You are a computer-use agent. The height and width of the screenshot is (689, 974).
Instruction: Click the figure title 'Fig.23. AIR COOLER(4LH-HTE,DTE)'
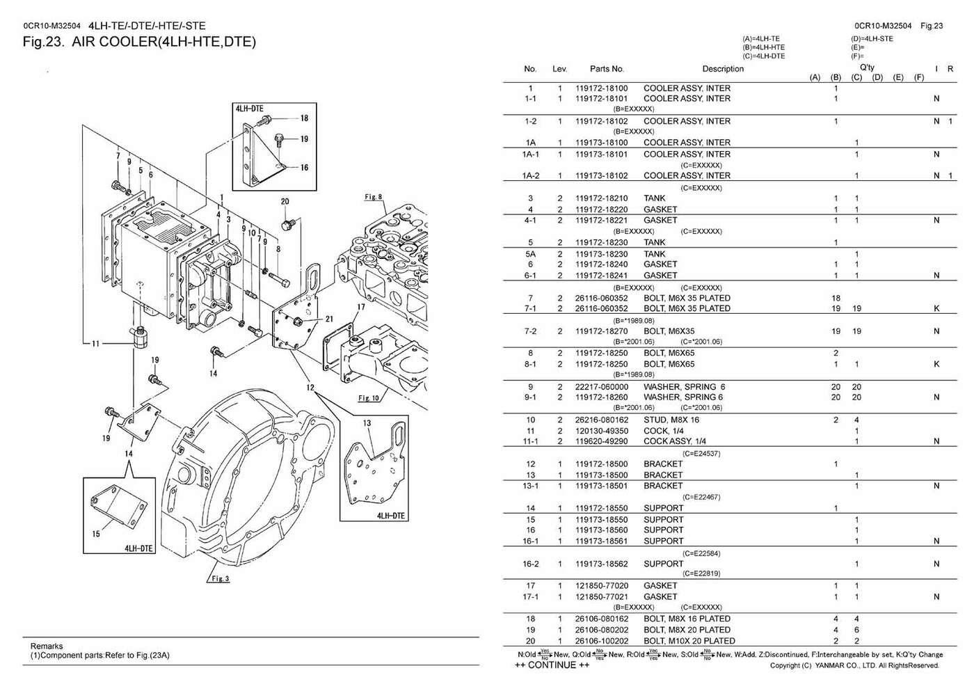click(139, 42)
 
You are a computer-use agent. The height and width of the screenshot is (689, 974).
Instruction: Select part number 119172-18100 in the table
click(601, 88)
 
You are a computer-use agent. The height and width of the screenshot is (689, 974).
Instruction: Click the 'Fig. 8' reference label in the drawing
click(374, 198)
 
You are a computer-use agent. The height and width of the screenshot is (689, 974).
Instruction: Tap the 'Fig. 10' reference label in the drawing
click(368, 398)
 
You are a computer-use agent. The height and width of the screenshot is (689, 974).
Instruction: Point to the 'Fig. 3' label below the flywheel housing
click(219, 579)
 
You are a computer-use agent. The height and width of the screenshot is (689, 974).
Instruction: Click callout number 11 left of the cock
click(95, 343)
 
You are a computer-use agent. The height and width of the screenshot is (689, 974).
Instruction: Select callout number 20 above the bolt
click(285, 202)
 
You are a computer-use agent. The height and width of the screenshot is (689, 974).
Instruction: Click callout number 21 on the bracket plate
click(329, 319)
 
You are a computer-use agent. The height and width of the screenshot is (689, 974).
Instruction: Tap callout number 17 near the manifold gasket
click(361, 307)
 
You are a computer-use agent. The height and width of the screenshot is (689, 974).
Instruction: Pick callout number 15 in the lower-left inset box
click(96, 534)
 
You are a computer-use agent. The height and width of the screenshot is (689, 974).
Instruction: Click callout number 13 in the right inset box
click(367, 423)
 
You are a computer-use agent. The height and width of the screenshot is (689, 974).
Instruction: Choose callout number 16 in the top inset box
click(304, 168)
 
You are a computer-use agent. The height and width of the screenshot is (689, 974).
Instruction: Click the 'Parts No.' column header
click(607, 69)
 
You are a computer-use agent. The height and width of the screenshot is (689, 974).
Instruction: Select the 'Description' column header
click(723, 69)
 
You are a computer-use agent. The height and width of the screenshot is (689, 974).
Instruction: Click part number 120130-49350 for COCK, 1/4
click(601, 431)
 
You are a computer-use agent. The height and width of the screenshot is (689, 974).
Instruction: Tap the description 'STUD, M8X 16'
click(671, 420)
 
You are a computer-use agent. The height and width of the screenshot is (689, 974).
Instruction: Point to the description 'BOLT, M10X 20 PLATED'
click(689, 641)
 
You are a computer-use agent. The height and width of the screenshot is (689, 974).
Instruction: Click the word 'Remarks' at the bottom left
click(47, 646)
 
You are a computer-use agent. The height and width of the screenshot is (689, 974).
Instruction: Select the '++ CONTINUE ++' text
click(552, 665)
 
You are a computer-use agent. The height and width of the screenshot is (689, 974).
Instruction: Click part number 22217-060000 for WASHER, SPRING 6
click(601, 387)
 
